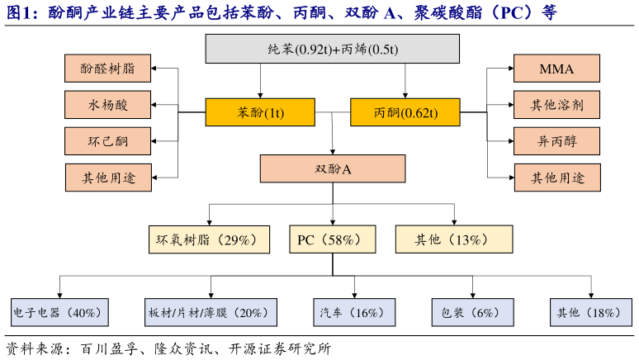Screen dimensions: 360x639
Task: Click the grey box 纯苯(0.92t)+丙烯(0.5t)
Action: point(333,50)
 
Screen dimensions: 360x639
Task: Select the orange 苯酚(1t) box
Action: point(260,112)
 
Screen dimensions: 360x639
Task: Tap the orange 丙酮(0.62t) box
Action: point(405,112)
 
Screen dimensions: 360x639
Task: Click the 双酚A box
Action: point(333,168)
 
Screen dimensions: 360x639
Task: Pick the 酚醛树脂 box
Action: point(108,69)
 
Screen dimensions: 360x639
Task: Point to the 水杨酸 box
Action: point(108,105)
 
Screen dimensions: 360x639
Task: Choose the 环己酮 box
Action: point(108,140)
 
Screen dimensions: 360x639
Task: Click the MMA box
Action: point(556,69)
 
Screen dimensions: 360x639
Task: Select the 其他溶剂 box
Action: point(556,105)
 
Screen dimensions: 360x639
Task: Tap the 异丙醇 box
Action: point(556,140)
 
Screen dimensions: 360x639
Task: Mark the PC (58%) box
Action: point(332,239)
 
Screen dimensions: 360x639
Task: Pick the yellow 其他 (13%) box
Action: point(452,239)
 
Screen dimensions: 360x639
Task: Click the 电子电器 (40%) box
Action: point(57,312)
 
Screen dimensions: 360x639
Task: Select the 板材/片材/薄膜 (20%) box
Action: point(211,312)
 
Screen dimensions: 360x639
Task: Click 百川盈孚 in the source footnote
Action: point(104,348)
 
